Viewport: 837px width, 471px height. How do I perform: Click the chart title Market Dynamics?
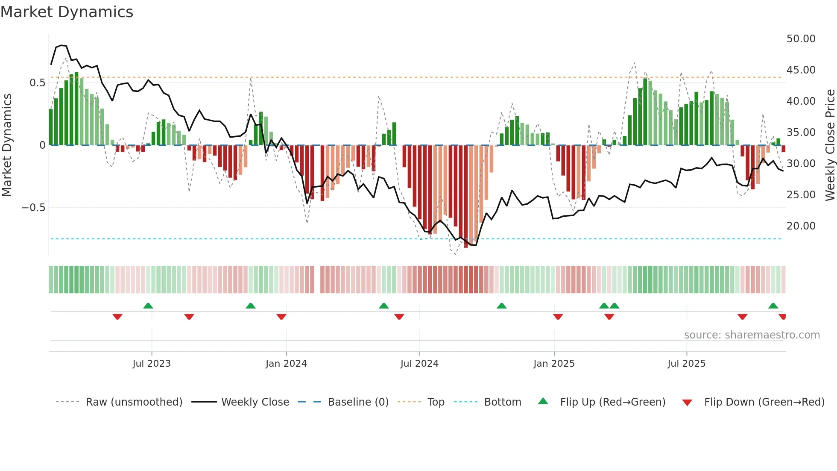[67, 12]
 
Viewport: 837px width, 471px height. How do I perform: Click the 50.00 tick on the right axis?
[801, 39]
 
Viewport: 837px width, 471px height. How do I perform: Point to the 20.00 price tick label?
[801, 226]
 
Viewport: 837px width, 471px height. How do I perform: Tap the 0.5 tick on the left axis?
[37, 83]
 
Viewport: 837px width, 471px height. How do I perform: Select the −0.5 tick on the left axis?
[33, 208]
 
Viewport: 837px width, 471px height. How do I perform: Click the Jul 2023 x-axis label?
[152, 364]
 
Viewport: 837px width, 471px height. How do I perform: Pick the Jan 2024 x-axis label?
[286, 364]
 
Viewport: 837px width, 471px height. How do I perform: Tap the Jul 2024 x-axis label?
[419, 364]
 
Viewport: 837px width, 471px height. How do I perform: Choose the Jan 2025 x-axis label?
[554, 364]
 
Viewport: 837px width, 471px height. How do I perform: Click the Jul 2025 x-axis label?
[686, 364]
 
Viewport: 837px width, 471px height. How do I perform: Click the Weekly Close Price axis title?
[830, 145]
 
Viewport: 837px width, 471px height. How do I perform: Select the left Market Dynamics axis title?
[7, 145]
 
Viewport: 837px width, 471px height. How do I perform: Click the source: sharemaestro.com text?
[752, 335]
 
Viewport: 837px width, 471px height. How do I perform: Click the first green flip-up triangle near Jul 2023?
[148, 306]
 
